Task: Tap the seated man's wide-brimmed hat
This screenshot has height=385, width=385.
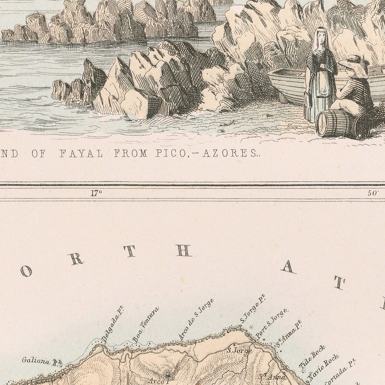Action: [355, 63]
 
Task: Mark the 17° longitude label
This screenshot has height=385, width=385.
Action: [96, 193]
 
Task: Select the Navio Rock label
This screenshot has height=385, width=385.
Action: [324, 367]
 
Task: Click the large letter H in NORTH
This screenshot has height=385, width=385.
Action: [183, 251]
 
